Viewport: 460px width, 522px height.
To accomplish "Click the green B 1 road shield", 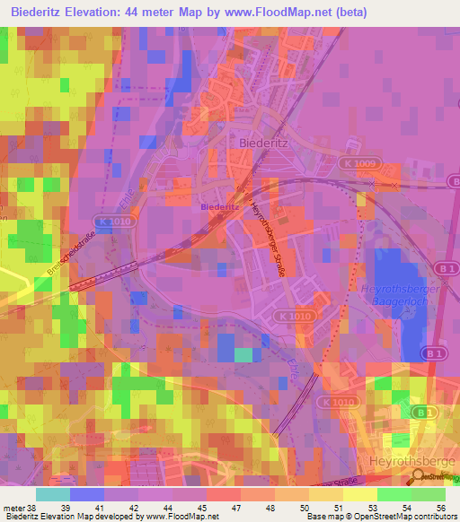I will coord(419,411).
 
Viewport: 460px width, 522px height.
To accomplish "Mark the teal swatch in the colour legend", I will coord(53,494).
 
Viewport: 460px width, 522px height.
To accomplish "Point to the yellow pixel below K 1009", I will coord(362,199).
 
